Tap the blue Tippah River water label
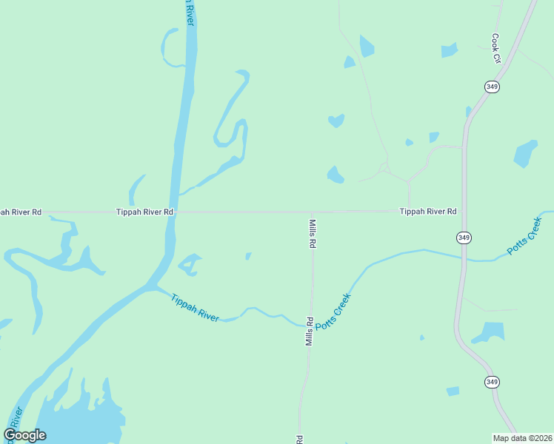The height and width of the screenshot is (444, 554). (195, 308)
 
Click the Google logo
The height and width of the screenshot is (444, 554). (25, 435)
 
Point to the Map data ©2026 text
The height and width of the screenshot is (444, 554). (523, 437)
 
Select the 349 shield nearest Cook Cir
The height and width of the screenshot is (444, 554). (493, 87)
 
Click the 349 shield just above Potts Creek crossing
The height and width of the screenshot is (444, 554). (464, 238)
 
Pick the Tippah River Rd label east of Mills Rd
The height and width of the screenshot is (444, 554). (428, 212)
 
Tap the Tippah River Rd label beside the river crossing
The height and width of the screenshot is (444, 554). (144, 212)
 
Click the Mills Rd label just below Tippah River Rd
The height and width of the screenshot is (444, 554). (313, 232)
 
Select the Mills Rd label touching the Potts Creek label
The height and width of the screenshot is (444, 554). (310, 332)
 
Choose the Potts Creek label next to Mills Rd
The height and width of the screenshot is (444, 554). (333, 312)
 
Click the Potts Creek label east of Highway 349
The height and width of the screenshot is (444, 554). (527, 235)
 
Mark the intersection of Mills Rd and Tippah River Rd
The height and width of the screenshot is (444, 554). (312, 212)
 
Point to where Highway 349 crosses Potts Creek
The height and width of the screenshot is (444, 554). (464, 258)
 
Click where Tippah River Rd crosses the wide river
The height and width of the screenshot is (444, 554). (176, 212)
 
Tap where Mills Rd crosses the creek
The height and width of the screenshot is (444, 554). (311, 324)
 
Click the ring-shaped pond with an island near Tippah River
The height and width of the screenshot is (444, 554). (190, 264)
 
